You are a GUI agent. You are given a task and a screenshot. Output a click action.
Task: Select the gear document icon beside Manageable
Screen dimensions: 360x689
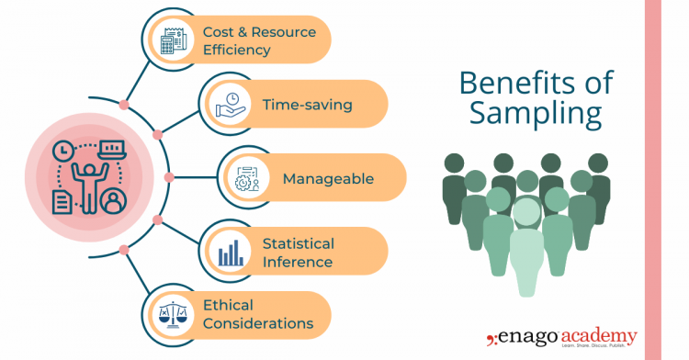(x=247, y=177)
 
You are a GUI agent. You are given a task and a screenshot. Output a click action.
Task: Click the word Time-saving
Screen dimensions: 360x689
(x=307, y=105)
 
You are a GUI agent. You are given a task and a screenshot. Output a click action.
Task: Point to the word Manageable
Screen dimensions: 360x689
(x=328, y=178)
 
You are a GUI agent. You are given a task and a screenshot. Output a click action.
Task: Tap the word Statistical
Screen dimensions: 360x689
(x=298, y=243)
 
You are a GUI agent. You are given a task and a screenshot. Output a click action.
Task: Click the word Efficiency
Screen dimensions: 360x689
(x=237, y=50)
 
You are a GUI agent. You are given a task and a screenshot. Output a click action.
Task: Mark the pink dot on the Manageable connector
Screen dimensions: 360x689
(x=168, y=176)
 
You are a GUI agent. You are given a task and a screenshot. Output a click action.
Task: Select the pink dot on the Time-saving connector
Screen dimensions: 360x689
(x=158, y=134)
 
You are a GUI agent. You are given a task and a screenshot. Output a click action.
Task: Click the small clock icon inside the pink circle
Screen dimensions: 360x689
(x=62, y=149)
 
